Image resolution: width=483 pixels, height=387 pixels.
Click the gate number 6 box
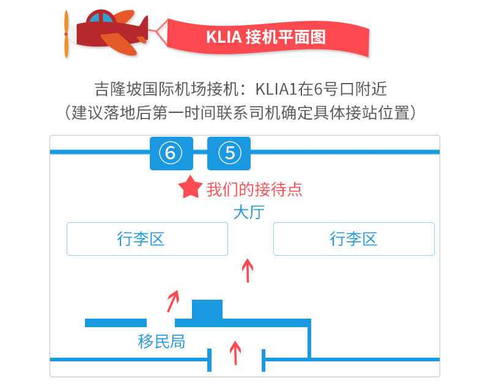(x=171, y=153)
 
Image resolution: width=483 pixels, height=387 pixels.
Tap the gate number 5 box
(x=229, y=153)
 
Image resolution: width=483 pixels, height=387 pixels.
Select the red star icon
(x=190, y=189)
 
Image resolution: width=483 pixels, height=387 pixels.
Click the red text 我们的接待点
(x=254, y=189)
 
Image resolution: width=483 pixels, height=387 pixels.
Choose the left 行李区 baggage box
(x=147, y=239)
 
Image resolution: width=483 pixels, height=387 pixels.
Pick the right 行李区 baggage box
(x=353, y=239)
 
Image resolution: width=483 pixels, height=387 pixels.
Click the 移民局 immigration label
(x=161, y=342)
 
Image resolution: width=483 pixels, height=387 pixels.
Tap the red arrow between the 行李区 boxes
(x=247, y=270)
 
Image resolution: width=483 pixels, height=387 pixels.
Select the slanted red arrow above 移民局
(x=174, y=300)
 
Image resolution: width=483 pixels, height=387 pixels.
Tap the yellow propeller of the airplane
(x=67, y=34)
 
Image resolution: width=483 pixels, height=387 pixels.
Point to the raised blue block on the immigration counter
(x=207, y=309)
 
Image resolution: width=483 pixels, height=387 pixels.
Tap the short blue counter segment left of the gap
(x=116, y=322)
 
